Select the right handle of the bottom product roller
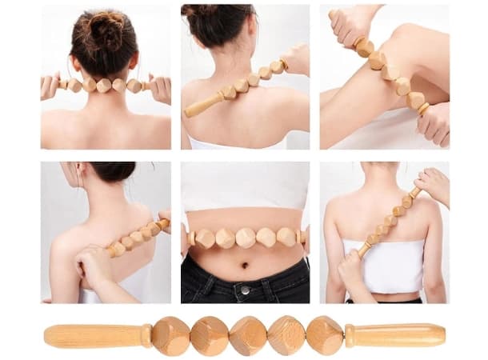(x=396, y=334)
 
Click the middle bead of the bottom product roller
(x=247, y=335)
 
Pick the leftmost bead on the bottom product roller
(x=170, y=335)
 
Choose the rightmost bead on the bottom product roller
(x=324, y=334)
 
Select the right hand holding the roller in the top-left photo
(x=161, y=88)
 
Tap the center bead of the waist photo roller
(x=246, y=238)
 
